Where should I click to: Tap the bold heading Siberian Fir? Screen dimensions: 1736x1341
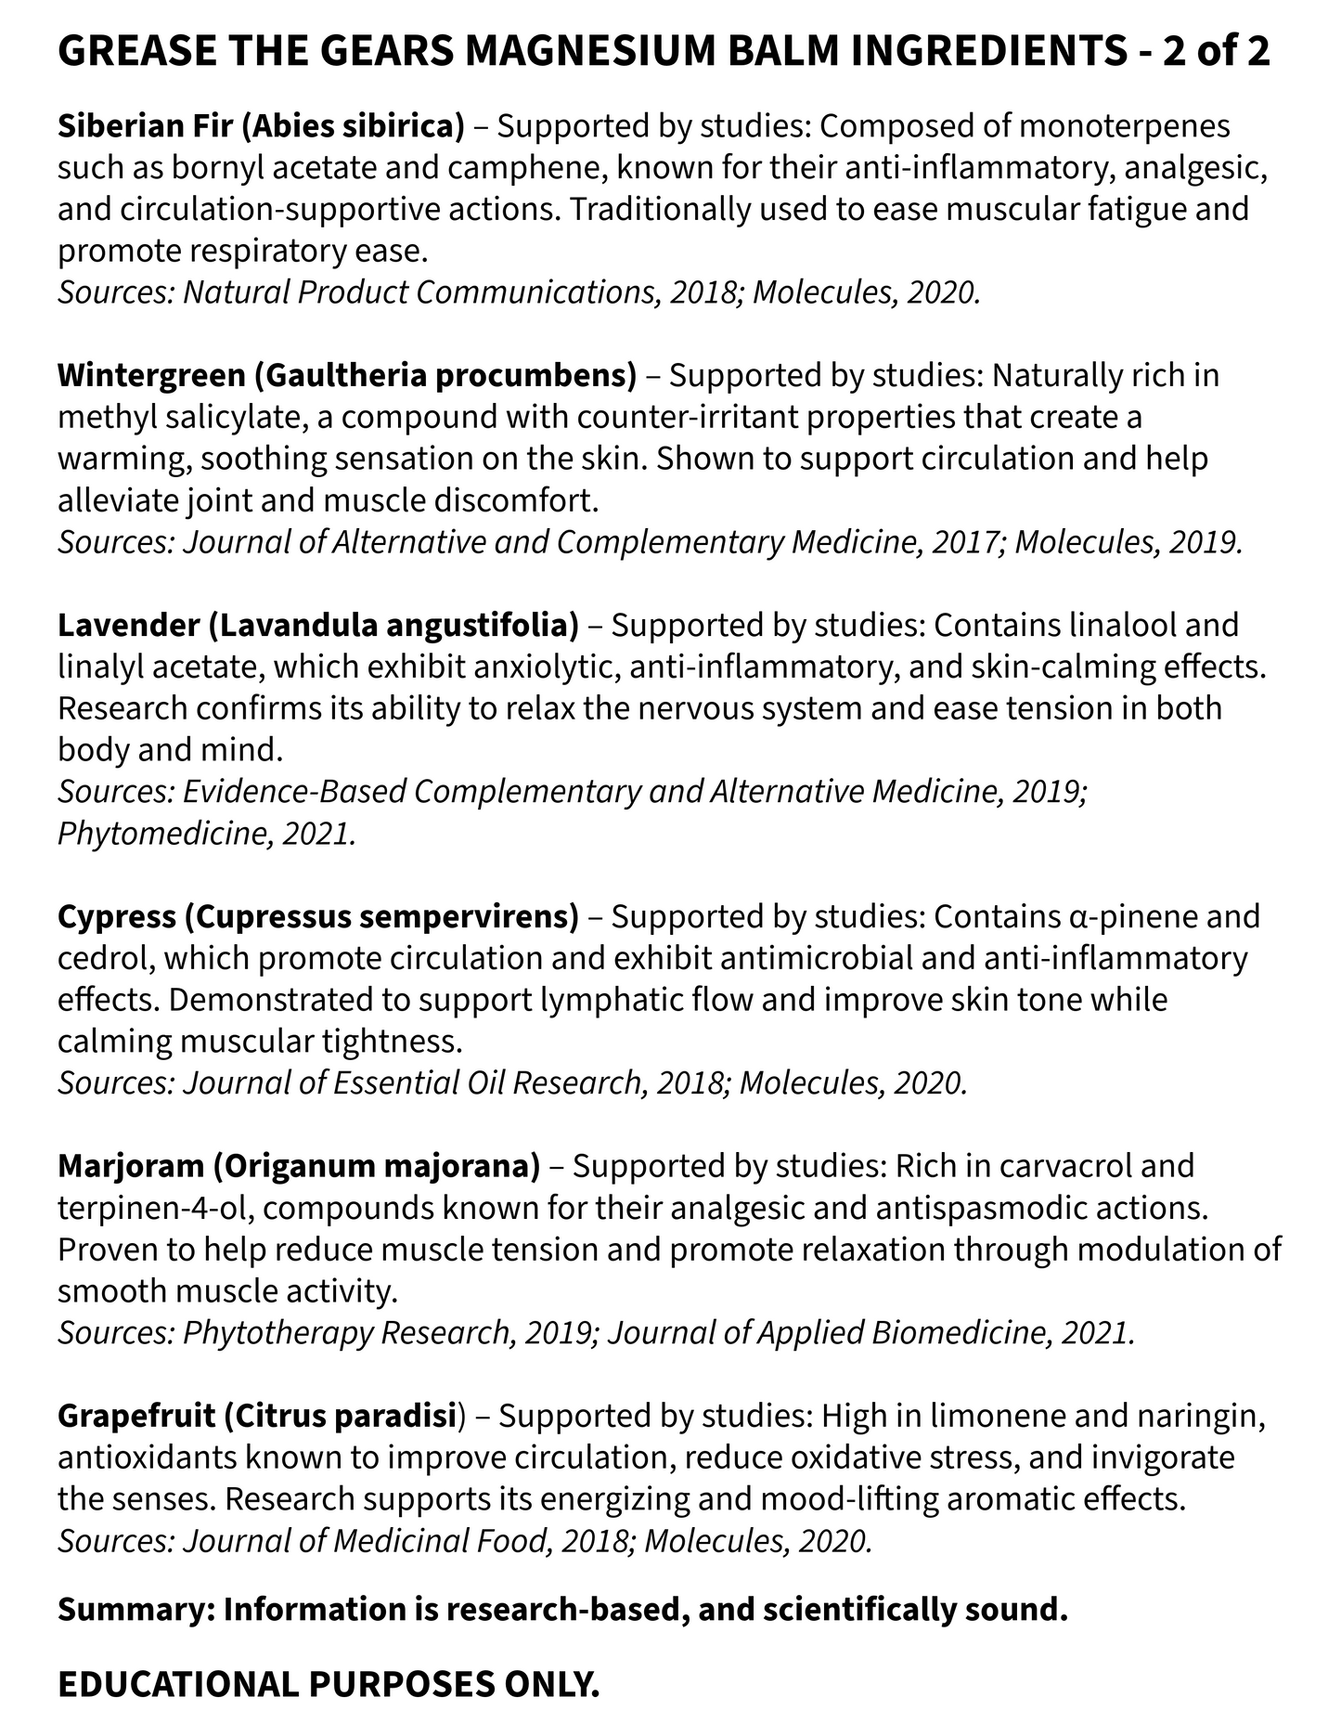coord(147,125)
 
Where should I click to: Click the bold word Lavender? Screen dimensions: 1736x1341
coord(128,625)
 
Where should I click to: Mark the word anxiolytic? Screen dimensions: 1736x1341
coord(594,667)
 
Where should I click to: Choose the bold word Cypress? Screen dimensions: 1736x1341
coord(116,916)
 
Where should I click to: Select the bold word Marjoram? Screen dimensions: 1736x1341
coord(130,1166)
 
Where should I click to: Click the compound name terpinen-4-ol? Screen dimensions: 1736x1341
coord(158,1208)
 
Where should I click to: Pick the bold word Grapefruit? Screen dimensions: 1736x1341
coord(135,1416)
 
